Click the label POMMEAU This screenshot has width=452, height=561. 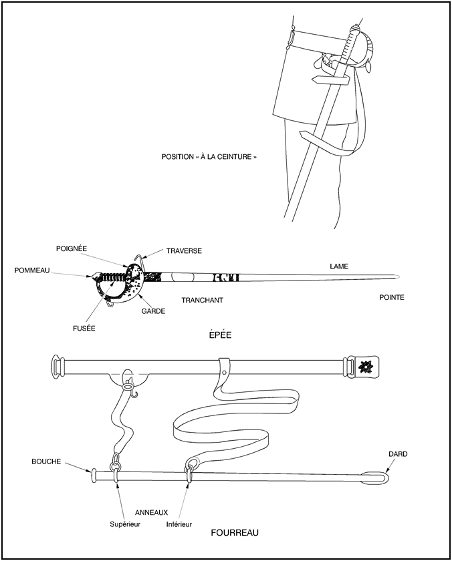[x=32, y=270]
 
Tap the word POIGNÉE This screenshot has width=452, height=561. [x=72, y=248]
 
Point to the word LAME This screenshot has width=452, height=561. [x=339, y=266]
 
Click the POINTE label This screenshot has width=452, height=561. [x=391, y=297]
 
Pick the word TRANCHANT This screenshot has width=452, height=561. [x=202, y=301]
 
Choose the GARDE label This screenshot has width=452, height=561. [x=154, y=311]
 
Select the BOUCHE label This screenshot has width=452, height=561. [x=46, y=461]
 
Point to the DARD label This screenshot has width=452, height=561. [x=398, y=454]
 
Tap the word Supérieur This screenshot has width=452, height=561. [x=126, y=524]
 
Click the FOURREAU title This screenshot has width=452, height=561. [x=234, y=533]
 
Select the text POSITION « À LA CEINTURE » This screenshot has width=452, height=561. [x=209, y=158]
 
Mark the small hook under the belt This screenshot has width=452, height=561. [x=134, y=391]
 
